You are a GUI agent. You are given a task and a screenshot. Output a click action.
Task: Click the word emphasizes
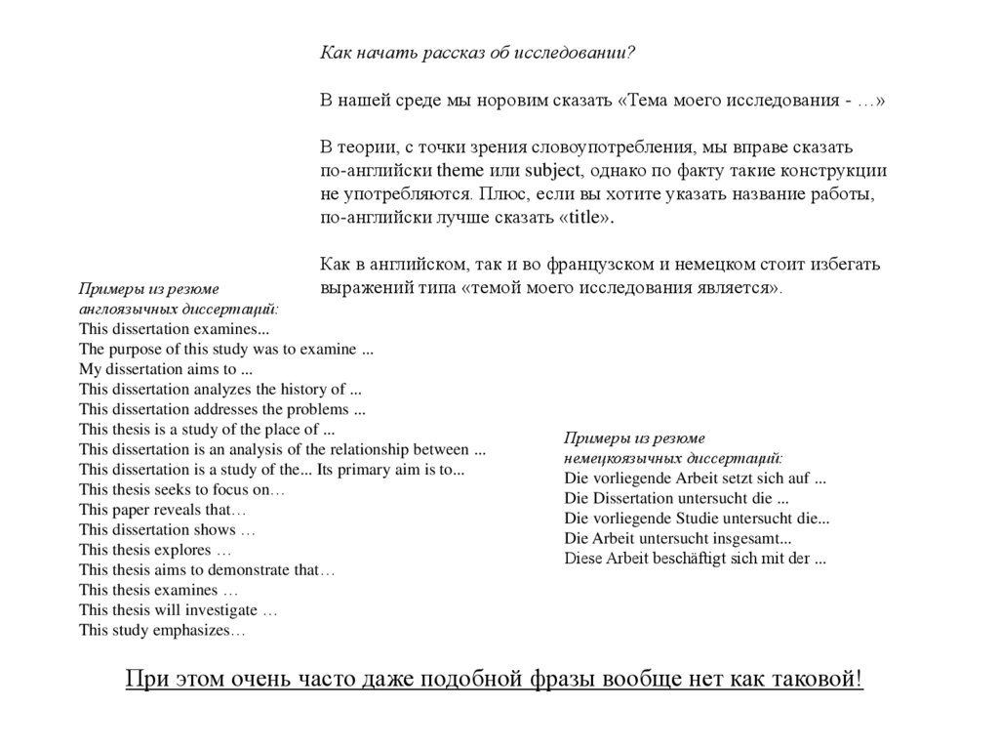pyautogui.click(x=195, y=631)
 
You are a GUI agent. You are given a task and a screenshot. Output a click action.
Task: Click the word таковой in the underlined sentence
pyautogui.click(x=819, y=680)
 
